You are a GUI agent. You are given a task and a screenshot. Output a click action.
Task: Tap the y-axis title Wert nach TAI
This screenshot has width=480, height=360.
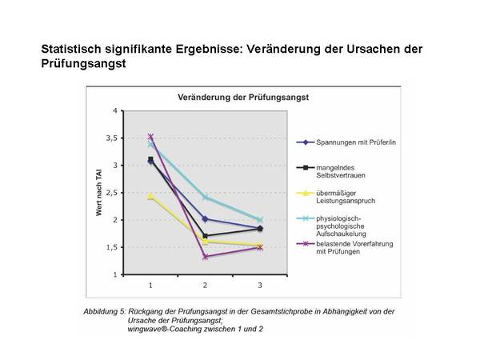coord(98,192)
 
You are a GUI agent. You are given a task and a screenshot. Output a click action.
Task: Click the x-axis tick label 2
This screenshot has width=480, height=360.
coord(205,285)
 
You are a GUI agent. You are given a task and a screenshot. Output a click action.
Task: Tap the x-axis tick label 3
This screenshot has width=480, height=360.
coord(260,285)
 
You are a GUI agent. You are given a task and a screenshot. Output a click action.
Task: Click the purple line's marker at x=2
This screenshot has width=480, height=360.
coord(205,257)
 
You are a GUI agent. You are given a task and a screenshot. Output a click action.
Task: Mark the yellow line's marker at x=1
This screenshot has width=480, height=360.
coord(150,195)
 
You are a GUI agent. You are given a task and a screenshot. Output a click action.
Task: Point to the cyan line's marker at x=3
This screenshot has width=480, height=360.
coord(260,220)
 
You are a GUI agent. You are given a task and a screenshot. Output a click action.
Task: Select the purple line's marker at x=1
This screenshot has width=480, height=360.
coord(150,137)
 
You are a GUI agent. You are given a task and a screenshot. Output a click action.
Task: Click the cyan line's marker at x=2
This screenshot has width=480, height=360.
coord(205,197)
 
